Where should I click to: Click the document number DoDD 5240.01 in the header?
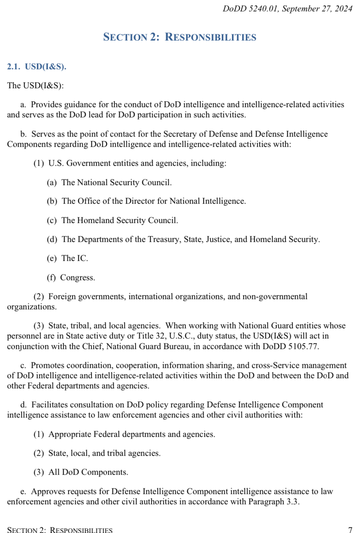click(250, 9)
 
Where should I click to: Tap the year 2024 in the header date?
click(343, 9)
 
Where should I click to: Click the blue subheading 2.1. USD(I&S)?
click(36, 67)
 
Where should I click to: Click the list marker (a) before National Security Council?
click(52, 183)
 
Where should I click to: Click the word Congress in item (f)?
click(77, 278)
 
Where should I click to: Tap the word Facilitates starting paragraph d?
click(50, 405)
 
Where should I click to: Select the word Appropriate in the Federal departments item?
click(70, 434)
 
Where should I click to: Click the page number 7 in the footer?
click(350, 530)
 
